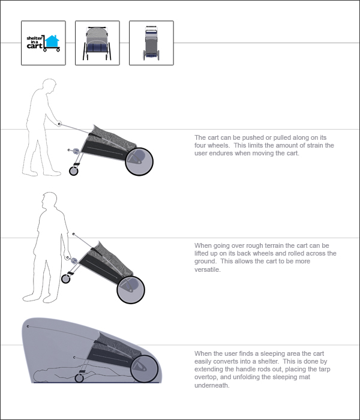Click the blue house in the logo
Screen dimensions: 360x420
coord(52,41)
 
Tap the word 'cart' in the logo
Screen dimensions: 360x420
coord(34,46)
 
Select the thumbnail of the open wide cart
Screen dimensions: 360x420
coord(97,43)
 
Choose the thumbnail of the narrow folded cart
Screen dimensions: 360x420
coord(151,43)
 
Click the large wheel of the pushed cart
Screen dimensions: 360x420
coord(139,162)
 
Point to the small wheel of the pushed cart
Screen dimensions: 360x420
coord(74,171)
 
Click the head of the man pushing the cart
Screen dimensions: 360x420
coord(50,86)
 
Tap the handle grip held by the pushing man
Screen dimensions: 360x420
coord(59,124)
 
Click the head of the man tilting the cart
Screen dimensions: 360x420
coord(50,200)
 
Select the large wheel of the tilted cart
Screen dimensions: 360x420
coord(131,290)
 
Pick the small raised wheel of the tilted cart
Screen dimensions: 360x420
coord(65,279)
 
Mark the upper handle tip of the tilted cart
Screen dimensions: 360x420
coord(74,234)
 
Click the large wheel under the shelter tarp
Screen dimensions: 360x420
coord(145,368)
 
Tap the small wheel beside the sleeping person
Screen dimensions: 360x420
coord(79,378)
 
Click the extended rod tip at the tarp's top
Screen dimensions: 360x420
coord(28,326)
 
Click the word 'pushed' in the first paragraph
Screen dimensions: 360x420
coord(253,137)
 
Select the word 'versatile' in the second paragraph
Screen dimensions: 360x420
coord(207,269)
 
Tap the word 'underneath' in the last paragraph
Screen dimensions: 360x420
coord(211,385)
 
